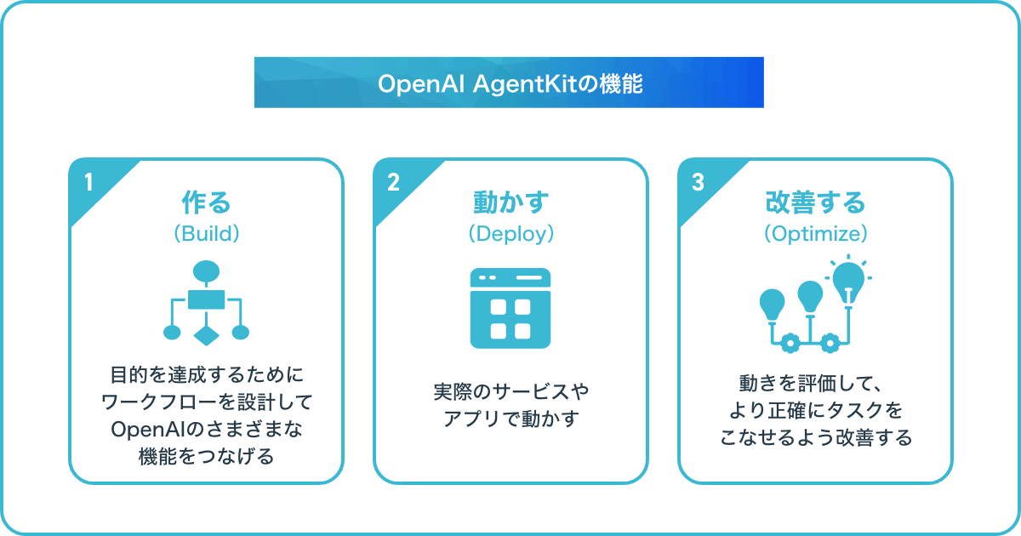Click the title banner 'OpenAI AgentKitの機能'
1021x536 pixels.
[x=509, y=83]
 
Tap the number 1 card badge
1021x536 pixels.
[x=88, y=183]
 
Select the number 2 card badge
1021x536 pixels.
[x=393, y=183]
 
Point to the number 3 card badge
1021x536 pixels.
[x=698, y=183]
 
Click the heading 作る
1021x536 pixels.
[x=206, y=202]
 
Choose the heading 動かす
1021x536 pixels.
[x=510, y=202]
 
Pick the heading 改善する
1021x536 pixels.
[x=815, y=202]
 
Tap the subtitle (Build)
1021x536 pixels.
[x=206, y=234]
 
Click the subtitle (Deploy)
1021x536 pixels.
[x=510, y=234]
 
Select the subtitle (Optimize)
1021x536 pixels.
[x=815, y=234]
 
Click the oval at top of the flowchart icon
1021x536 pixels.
[x=206, y=271]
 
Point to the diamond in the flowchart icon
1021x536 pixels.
[x=206, y=333]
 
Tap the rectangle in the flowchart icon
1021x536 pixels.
[x=206, y=299]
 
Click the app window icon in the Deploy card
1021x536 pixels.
[x=510, y=308]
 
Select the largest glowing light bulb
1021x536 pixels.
[x=848, y=278]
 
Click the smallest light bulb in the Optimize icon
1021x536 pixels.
[x=772, y=303]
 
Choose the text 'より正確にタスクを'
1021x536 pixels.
[x=815, y=412]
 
